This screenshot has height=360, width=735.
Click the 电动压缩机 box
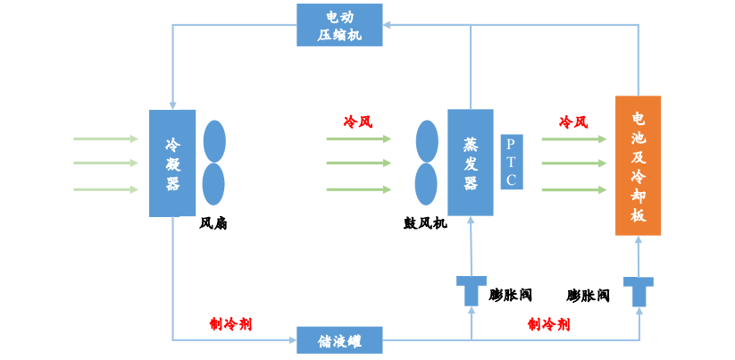[x=339, y=25]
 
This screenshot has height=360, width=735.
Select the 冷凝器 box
[x=172, y=163]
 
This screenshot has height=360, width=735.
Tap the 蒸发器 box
[x=471, y=162]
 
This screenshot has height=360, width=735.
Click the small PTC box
[x=511, y=162]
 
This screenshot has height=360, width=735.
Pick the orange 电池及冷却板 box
[x=638, y=165]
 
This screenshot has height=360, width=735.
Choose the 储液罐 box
[x=339, y=340]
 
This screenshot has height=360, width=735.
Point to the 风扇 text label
[x=213, y=223]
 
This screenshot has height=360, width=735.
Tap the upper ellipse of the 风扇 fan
[x=214, y=141]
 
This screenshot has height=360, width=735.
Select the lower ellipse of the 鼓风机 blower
[x=427, y=184]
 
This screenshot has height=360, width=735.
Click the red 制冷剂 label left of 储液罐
[x=230, y=323]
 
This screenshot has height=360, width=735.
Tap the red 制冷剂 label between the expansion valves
[x=548, y=323]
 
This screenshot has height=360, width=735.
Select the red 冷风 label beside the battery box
[x=573, y=121]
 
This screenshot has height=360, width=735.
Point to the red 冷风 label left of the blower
[x=358, y=121]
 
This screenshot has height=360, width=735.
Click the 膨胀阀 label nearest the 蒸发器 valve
[x=511, y=295]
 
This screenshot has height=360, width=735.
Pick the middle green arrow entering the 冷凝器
[x=105, y=163]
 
